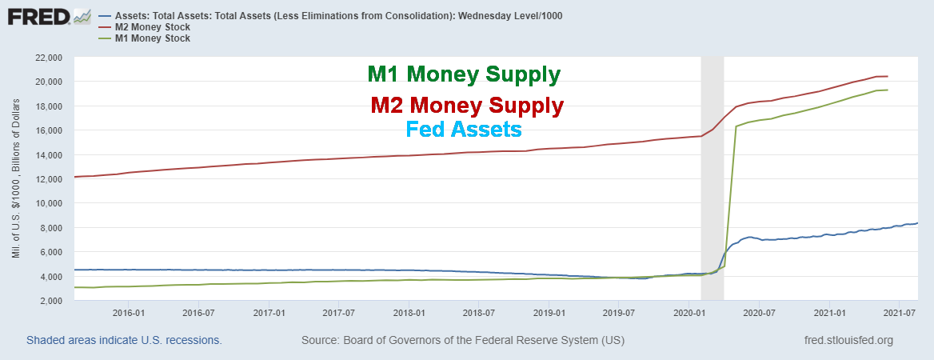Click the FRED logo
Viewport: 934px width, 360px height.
coord(49,16)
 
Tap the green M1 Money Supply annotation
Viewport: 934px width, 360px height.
coord(464,75)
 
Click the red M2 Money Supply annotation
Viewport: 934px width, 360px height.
coord(467,106)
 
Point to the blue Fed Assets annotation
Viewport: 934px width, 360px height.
coord(464,128)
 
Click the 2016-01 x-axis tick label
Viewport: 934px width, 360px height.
coord(129,312)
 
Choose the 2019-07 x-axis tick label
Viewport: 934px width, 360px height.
coord(618,312)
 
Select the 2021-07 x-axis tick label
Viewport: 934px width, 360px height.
coord(899,312)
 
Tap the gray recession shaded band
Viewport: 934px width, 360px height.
coord(712,176)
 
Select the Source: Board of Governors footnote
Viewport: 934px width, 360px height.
coord(463,341)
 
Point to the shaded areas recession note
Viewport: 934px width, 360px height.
coord(124,341)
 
